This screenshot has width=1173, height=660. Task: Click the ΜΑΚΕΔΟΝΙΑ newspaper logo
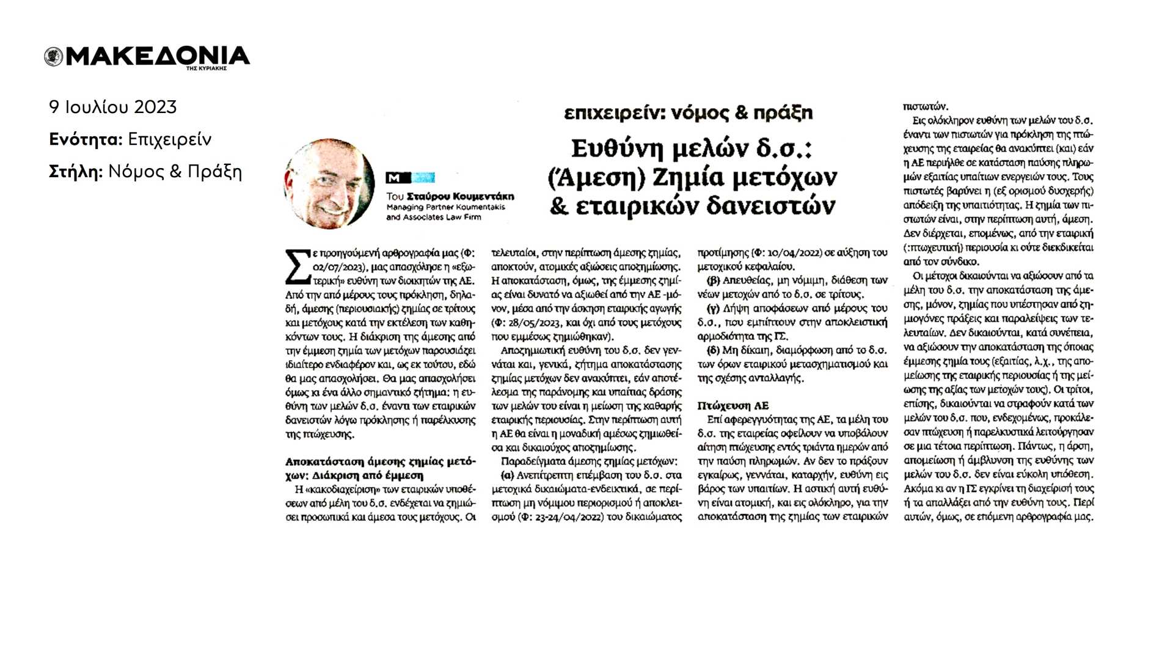[147, 57]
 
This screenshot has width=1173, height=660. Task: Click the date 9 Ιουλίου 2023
[113, 108]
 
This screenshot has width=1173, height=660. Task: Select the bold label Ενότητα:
[86, 140]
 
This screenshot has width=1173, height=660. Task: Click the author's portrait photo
[329, 183]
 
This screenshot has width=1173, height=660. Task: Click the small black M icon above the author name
[398, 178]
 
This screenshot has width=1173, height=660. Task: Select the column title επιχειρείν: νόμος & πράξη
[688, 113]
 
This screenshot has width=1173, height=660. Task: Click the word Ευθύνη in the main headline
[616, 148]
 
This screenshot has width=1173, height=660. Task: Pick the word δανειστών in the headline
[770, 206]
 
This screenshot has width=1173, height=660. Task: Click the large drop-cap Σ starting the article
[298, 266]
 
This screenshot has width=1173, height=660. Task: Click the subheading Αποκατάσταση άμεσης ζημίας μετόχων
[380, 462]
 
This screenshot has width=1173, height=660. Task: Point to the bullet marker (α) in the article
[507, 475]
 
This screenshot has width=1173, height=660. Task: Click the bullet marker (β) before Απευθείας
[713, 280]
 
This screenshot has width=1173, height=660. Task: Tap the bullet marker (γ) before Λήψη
[712, 309]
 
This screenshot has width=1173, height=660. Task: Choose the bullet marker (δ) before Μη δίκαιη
[713, 350]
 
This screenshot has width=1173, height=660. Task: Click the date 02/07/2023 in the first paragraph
[338, 267]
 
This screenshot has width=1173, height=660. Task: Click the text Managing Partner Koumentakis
[445, 207]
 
